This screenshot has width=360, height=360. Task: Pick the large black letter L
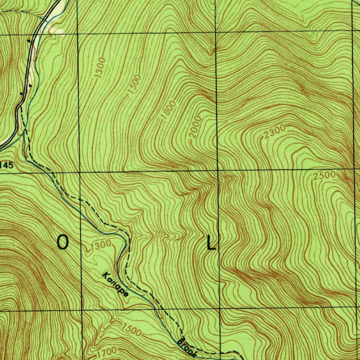[211, 243]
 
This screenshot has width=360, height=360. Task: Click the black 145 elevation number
[7, 165]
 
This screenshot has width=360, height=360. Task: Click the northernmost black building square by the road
[28, 41]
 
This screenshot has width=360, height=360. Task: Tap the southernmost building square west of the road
[22, 94]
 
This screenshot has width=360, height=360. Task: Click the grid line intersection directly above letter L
[218, 171]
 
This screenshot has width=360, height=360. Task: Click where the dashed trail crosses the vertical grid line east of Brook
[221, 353]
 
